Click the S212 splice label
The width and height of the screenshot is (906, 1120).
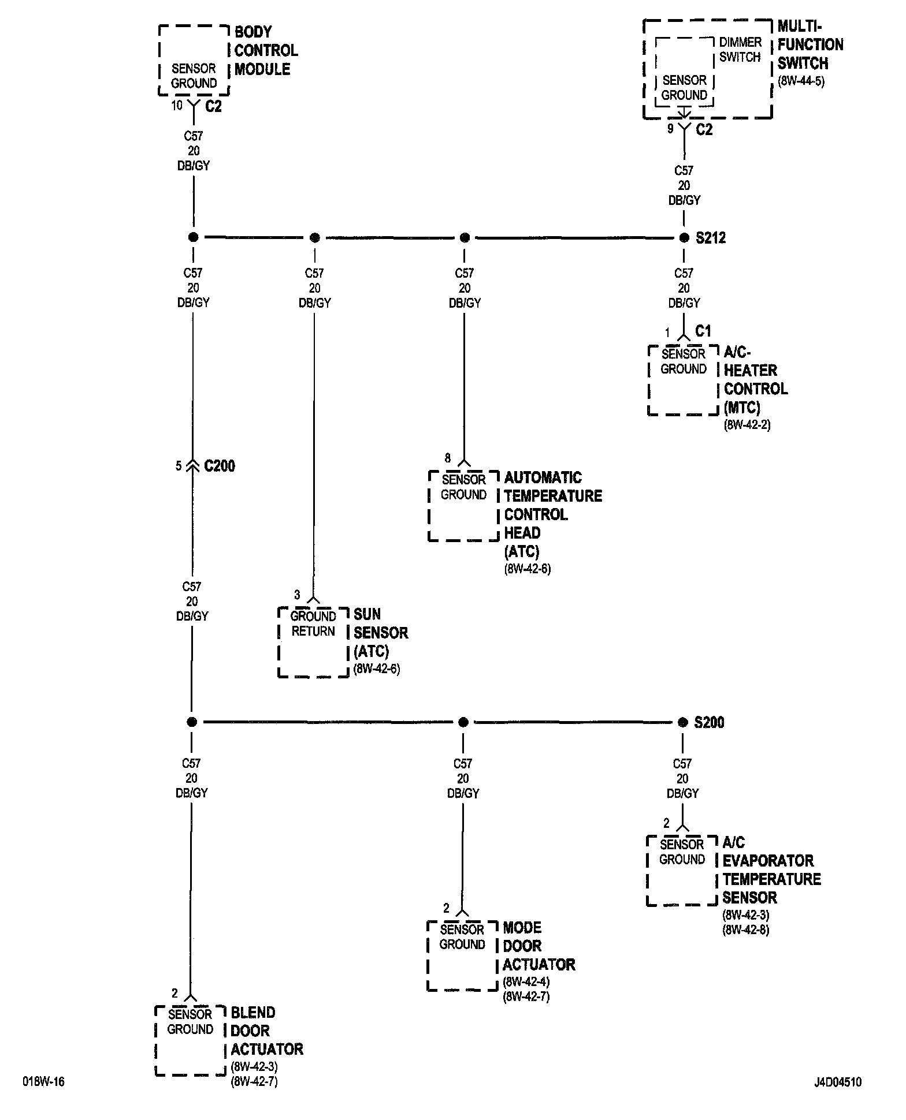pyautogui.click(x=710, y=238)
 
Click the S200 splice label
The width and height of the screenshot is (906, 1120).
pyautogui.click(x=708, y=722)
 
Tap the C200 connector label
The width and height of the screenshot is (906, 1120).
pyautogui.click(x=220, y=466)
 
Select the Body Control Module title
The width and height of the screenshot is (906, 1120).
pyautogui.click(x=266, y=51)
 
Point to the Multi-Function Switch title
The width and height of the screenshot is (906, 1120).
pyautogui.click(x=810, y=45)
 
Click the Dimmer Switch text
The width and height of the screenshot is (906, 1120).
pyautogui.click(x=740, y=50)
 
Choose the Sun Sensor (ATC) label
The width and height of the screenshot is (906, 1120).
pyautogui.click(x=381, y=633)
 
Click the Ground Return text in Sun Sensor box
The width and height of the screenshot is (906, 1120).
pyautogui.click(x=313, y=624)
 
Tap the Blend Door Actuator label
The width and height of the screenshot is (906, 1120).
pyautogui.click(x=266, y=1031)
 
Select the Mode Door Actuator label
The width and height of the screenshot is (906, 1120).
pyautogui.click(x=539, y=946)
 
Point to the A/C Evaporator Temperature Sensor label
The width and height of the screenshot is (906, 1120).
pyautogui.click(x=771, y=870)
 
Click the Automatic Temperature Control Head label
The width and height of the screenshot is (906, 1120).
pyautogui.click(x=553, y=514)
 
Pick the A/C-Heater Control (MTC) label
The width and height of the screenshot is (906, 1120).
pyautogui.click(x=755, y=380)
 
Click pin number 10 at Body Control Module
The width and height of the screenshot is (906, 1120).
pyautogui.click(x=177, y=106)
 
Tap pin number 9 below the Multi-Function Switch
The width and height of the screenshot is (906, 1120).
pyautogui.click(x=670, y=129)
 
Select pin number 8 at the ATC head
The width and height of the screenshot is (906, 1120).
pyautogui.click(x=447, y=458)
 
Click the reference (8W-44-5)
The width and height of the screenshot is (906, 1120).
pyautogui.click(x=801, y=81)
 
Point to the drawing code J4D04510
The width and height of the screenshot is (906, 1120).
pyautogui.click(x=838, y=1082)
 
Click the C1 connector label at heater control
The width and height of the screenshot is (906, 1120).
pyautogui.click(x=703, y=331)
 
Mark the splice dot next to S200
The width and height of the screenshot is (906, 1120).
pyautogui.click(x=682, y=722)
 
